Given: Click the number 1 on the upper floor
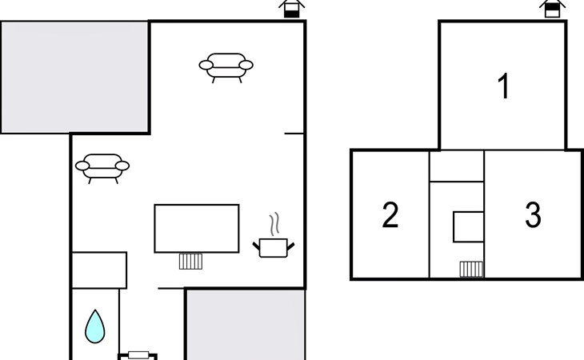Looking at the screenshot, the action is tap(504, 86).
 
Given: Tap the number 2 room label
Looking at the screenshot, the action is tap(390, 215).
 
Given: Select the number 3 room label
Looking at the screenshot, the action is tap(533, 215).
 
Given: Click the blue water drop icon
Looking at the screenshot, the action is tap(95, 326).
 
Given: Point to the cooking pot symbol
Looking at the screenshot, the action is tap(274, 247).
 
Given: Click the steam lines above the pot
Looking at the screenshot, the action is tap(274, 224).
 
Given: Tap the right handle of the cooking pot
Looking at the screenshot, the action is tap(290, 246).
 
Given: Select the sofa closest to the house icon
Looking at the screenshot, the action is tap(226, 67).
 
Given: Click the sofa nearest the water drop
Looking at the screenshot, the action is tap(102, 168).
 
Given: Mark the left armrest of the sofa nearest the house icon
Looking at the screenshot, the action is tap(206, 65).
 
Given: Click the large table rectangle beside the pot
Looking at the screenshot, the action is tap(197, 228).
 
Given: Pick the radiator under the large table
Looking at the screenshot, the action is tap(190, 262).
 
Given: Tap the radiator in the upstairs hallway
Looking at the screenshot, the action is tap(471, 269).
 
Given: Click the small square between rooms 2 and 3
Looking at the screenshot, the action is tap(469, 226).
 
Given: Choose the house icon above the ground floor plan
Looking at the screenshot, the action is tap(292, 9).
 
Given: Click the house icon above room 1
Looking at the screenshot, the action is tap(552, 9).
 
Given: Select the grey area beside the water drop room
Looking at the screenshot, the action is tap(246, 325).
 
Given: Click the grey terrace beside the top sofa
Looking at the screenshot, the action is tap(74, 77).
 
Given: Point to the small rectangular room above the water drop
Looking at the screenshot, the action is tap(99, 270).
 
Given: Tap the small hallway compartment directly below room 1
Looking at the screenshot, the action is tap(457, 166).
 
